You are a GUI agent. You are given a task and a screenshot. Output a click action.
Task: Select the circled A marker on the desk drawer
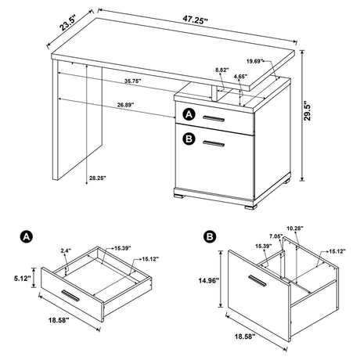[189, 116]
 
